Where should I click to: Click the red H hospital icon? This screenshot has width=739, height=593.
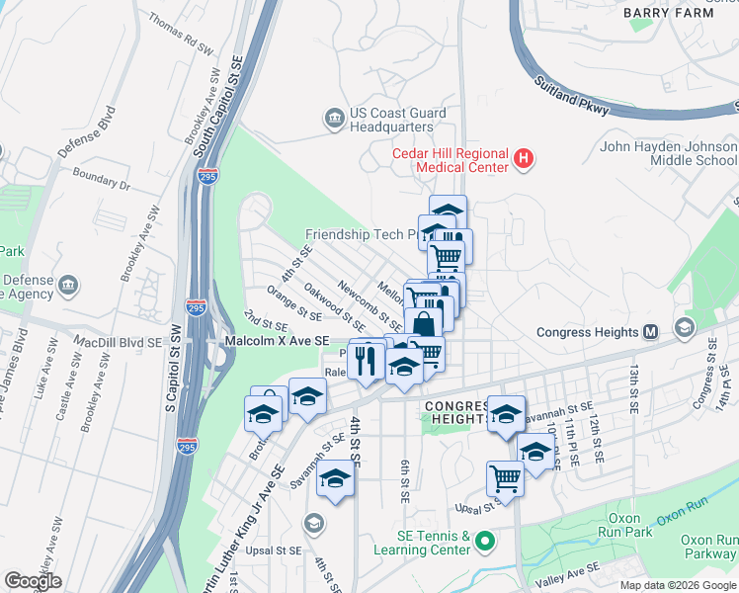point(525,157)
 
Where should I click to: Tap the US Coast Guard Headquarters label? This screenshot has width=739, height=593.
point(393,120)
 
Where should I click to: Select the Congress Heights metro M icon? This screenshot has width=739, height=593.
point(651,332)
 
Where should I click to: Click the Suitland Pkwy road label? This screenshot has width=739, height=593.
point(570,95)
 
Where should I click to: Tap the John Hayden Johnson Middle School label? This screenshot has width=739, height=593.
point(669,153)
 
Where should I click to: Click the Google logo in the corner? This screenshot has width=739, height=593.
point(34,580)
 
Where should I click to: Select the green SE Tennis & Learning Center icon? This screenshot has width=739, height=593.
point(484,542)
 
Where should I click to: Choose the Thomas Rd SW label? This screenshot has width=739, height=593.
point(181,33)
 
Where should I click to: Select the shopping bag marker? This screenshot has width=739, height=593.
point(423,324)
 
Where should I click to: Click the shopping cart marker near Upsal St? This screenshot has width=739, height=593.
point(505,479)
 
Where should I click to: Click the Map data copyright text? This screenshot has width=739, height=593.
point(677,585)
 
